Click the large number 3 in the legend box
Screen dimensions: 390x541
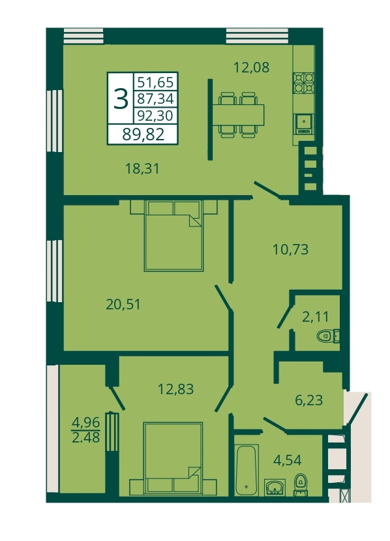coord(121,99)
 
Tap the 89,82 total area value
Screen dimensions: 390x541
coord(143,134)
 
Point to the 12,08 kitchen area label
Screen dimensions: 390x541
coord(251,67)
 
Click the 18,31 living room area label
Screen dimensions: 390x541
coord(142,169)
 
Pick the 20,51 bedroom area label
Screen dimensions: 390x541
coord(123,304)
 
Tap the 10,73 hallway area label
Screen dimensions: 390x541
coord(290,249)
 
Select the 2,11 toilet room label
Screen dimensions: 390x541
coord(315,317)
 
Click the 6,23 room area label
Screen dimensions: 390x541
coord(308,400)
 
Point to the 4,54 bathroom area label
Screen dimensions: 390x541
coord(287,460)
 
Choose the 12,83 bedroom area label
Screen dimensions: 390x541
coord(175,389)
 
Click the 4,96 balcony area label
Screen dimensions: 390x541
coord(85,422)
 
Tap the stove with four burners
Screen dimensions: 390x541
coord(303,83)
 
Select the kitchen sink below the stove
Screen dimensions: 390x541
coord(304,124)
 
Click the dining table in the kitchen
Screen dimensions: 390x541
coord(239,115)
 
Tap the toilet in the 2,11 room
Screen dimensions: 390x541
coord(328,336)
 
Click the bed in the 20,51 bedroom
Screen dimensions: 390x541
coord(173,236)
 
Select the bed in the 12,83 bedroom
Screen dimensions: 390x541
coord(173,458)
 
